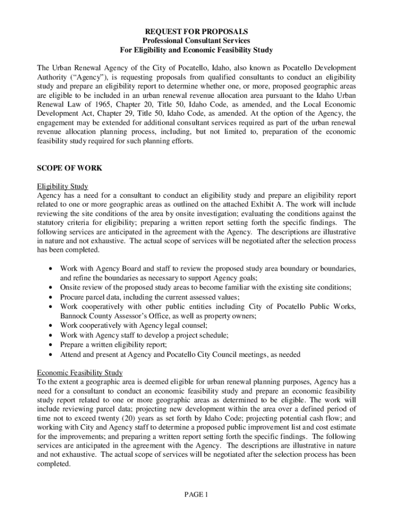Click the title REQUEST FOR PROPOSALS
coord(196,32)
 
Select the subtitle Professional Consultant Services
coord(196,41)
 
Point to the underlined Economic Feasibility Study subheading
coord(80,373)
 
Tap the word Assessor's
coord(138,316)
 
